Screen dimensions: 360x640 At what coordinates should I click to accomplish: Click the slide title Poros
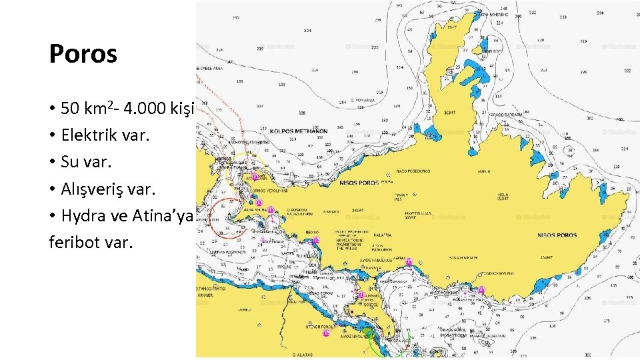pos(83,54)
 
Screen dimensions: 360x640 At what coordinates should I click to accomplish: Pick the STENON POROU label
pos(319,327)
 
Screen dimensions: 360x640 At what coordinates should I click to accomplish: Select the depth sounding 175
pos(606,321)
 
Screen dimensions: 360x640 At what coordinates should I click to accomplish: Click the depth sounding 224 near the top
pos(307,31)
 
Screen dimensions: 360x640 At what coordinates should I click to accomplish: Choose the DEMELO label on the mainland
pos(207,309)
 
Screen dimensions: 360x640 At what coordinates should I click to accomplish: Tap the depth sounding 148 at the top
pos(503,9)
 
